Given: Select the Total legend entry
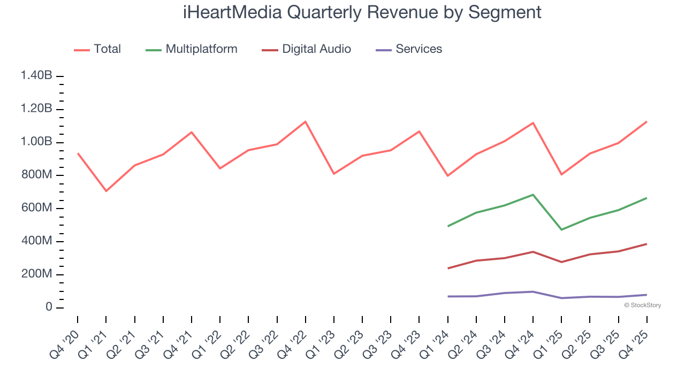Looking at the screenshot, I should coord(107,49).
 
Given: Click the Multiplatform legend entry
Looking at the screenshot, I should coord(201,49).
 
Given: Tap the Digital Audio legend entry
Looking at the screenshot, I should coord(316,49).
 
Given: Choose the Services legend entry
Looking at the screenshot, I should coord(418,49).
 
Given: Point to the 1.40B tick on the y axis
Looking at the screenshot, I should coord(36,76).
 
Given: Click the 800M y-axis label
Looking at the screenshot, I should coord(36,175).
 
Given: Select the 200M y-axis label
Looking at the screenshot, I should coord(36,274).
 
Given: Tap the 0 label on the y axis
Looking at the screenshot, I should coord(48,307).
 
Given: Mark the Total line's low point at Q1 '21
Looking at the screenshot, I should coord(106,191).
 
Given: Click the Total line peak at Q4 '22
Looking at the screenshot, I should coord(305,121).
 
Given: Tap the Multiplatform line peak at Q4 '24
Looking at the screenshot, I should coord(533,195).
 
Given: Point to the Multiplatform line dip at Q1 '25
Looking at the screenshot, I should coord(561,229).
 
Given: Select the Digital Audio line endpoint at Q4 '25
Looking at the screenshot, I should coord(646,244).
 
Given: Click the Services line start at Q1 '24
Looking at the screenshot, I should coord(448,296).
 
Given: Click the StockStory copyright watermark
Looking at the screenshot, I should coord(643,305).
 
